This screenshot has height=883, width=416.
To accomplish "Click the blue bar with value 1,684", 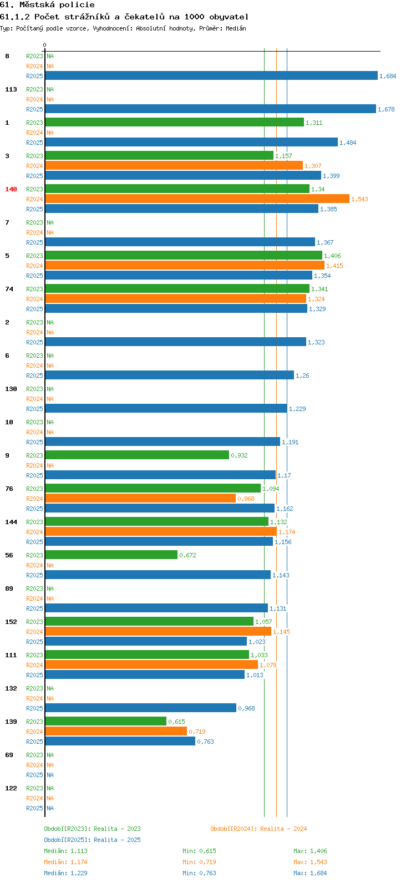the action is [211, 75].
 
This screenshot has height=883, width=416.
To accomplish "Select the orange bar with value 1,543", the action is [197, 199].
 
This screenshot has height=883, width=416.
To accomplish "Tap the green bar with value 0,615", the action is [106, 722].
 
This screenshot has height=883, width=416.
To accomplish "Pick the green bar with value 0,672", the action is [111, 555].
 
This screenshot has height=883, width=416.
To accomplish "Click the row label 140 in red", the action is [11, 189].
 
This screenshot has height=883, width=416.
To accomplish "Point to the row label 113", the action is [11, 89].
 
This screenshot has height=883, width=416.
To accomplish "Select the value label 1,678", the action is [386, 110].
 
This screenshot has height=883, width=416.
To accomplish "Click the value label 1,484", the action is [348, 143].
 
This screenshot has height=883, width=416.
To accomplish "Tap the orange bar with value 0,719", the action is [116, 731].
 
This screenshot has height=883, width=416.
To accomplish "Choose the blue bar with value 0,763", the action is [120, 741].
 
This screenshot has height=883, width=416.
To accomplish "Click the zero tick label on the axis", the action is [44, 45].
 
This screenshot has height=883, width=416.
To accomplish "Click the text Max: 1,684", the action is [310, 873].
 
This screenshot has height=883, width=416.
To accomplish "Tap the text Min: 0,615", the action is [199, 851].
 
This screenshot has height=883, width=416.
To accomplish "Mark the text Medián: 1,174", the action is [65, 862].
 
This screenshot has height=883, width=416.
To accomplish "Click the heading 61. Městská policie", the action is [47, 5].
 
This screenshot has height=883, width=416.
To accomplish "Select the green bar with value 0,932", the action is [137, 455].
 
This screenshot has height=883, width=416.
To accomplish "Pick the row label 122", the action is [11, 788].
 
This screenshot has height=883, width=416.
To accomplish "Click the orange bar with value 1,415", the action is [185, 265].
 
